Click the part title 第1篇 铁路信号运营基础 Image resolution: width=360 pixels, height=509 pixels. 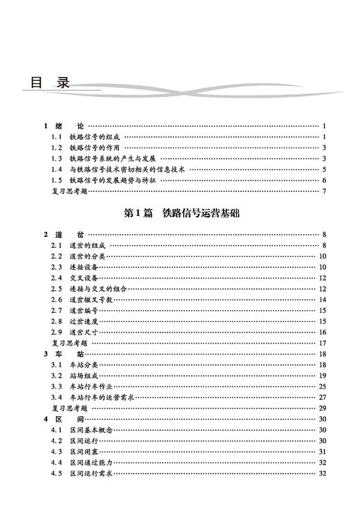pos(179,213)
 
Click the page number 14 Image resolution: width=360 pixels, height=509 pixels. pos(323,299)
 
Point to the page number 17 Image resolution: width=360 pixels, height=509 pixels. pos(323,343)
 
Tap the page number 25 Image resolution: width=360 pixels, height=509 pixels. pos(323,386)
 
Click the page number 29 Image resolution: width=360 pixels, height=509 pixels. pos(323,409)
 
